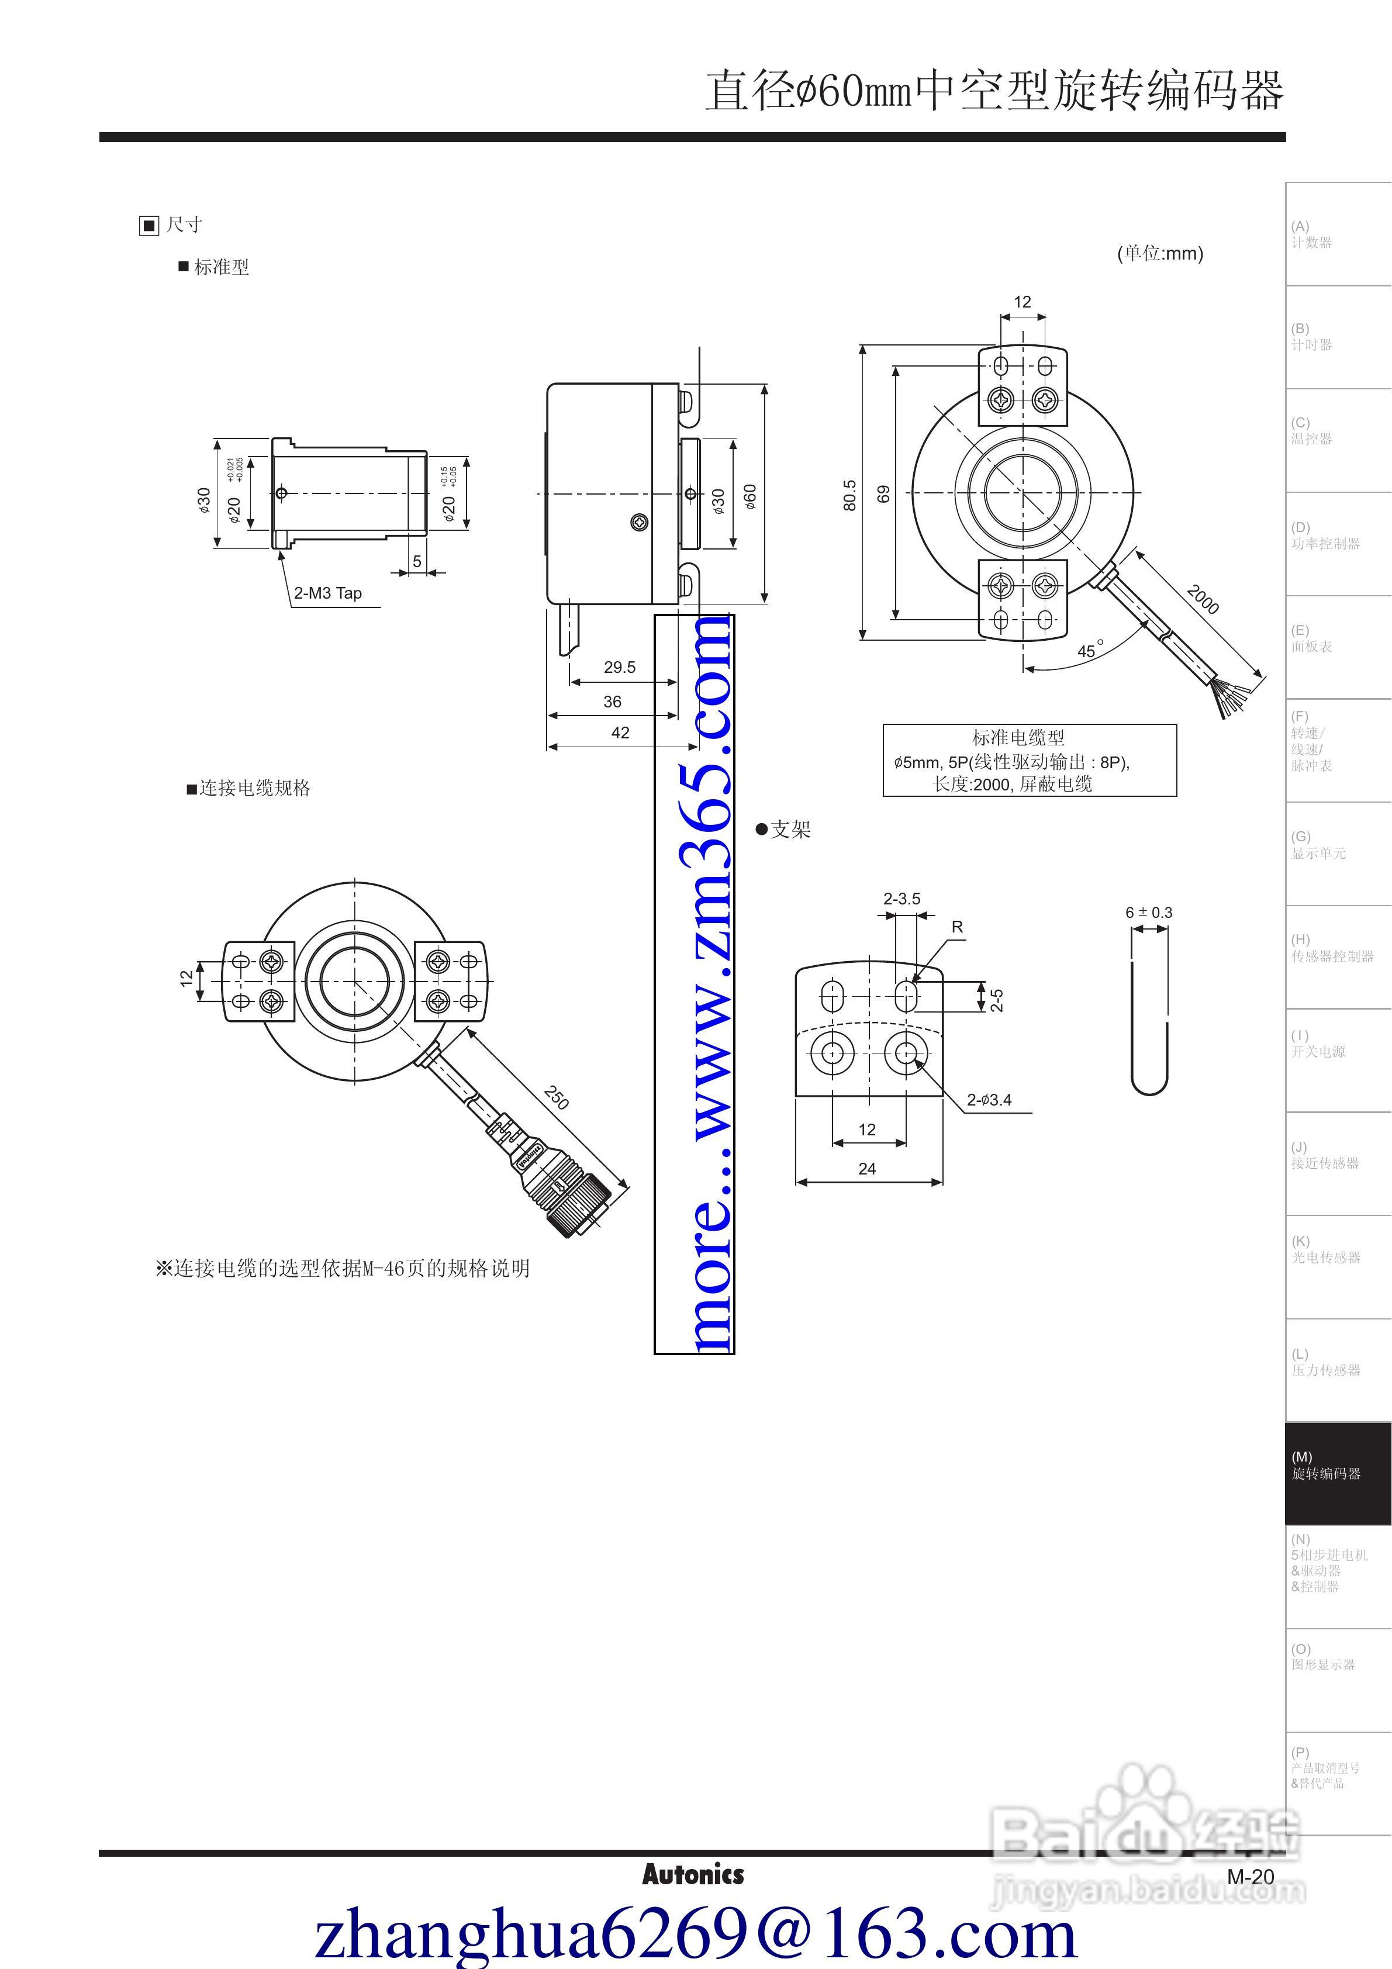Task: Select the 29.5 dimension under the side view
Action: pos(619,667)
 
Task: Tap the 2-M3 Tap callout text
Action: pos(327,593)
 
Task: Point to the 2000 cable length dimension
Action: pos(1203,599)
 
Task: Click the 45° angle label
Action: pos(1089,650)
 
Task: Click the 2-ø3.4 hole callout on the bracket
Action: pos(989,1100)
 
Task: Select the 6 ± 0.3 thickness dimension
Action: pos(1148,913)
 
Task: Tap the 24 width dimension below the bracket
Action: pos(867,1168)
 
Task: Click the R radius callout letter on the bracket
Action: pos(957,927)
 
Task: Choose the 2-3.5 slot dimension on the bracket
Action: pos(901,899)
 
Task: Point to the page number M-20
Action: pos(1251,1877)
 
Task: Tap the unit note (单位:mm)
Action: pos(1159,253)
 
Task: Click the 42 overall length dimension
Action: pos(620,733)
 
